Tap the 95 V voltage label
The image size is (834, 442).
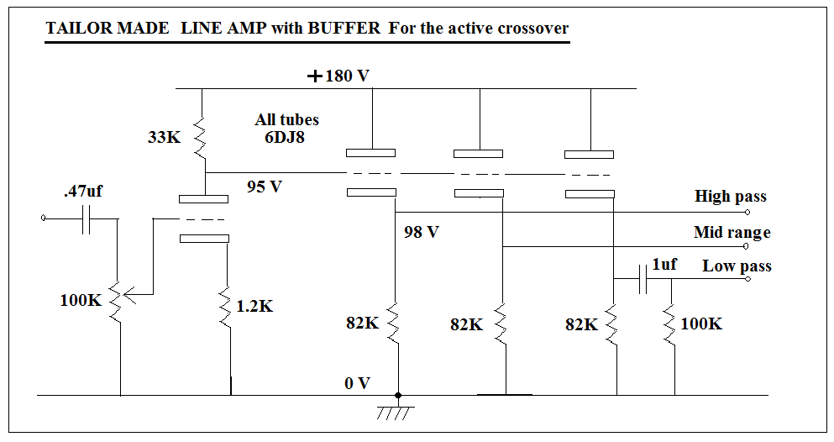pyautogui.click(x=265, y=187)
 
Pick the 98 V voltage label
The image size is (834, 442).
pyautogui.click(x=421, y=232)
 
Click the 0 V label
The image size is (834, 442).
pyautogui.click(x=357, y=383)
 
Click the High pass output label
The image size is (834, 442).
pyautogui.click(x=730, y=197)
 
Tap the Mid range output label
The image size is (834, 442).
pyautogui.click(x=732, y=232)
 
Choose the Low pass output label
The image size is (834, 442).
pyautogui.click(x=737, y=266)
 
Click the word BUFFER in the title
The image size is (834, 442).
pyautogui.click(x=344, y=28)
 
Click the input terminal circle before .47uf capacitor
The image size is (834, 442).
pyautogui.click(x=44, y=219)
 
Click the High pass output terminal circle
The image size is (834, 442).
pyautogui.click(x=747, y=213)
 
